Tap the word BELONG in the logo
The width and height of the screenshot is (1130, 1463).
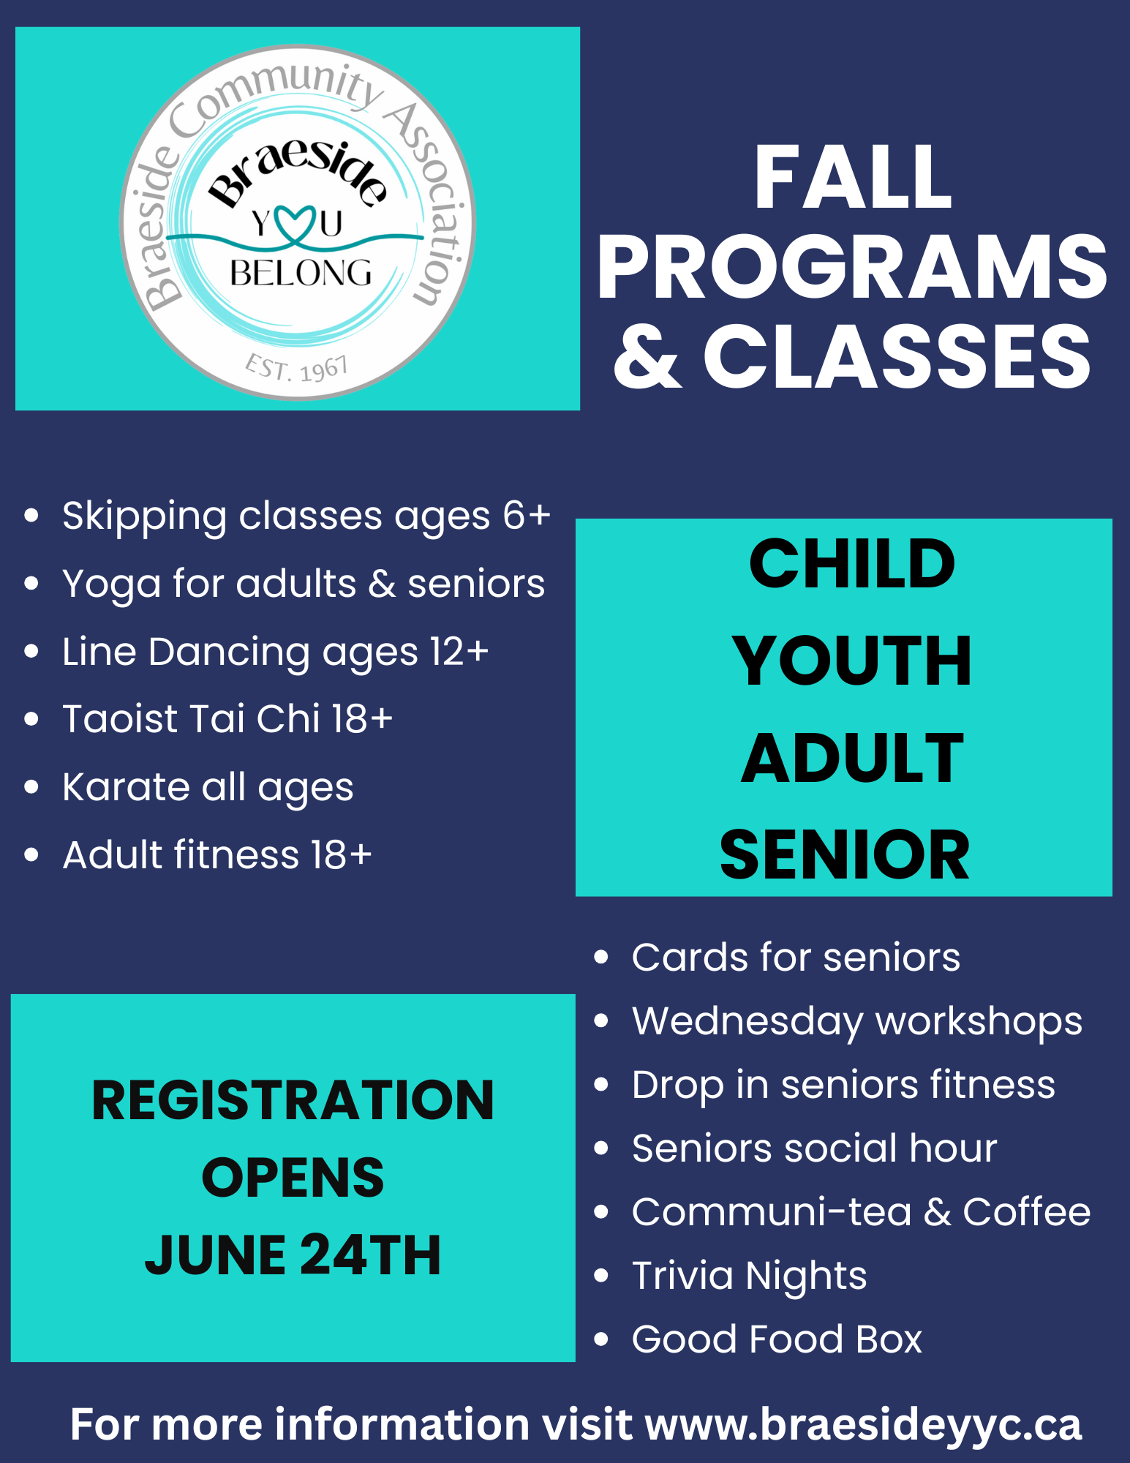coord(301,274)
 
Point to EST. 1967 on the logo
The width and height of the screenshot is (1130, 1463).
coord(297,368)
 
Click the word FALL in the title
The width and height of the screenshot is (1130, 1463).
coord(853,177)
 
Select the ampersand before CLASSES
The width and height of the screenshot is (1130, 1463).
coord(647,357)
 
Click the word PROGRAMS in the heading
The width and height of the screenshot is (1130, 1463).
coord(852,268)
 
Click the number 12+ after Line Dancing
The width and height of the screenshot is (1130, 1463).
coord(459,651)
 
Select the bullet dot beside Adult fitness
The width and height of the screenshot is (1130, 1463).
coord(31,854)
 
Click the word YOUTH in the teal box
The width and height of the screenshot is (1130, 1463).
coord(852,661)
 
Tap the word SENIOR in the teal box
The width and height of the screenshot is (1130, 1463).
coord(845,854)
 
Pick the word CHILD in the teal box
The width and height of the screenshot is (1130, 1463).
coord(852,563)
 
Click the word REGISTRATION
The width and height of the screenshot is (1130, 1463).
coord(293,1100)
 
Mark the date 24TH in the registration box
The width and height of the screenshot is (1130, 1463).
coord(370,1255)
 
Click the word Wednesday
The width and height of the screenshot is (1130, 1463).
coord(747,1022)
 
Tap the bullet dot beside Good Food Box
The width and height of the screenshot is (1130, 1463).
coord(601,1339)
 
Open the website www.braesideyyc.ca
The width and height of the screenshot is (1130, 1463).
coord(863,1425)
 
